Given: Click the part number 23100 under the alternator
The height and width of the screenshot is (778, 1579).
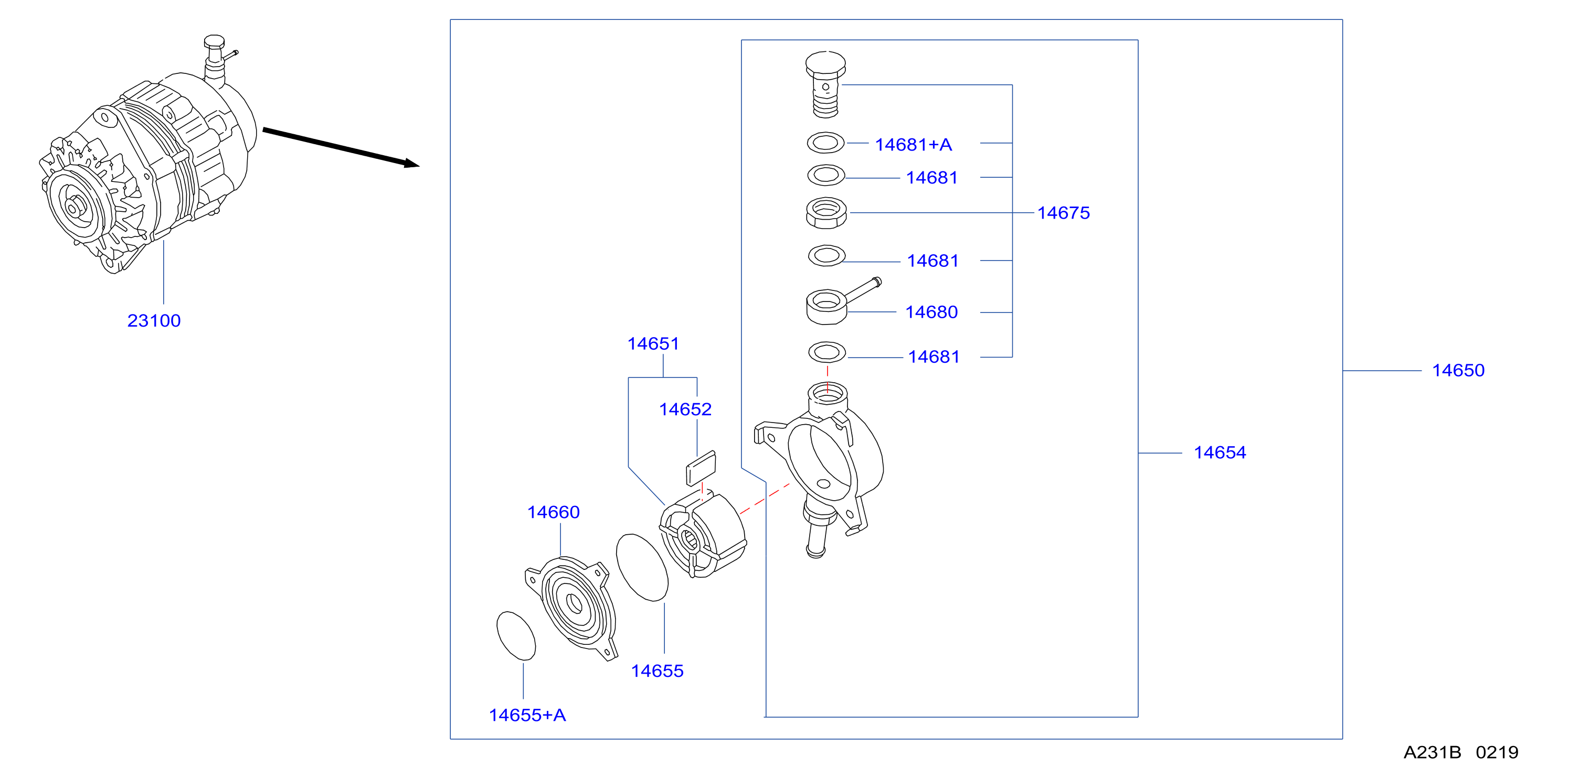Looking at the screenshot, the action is (154, 320).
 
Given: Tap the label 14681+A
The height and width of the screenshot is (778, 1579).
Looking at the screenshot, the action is (913, 145).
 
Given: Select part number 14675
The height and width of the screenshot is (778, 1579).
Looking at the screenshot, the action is (1064, 212).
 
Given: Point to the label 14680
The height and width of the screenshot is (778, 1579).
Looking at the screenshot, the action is (931, 312).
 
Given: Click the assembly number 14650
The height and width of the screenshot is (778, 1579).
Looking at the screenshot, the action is (1458, 370).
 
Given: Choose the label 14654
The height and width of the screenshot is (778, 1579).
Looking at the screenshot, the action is (1220, 452).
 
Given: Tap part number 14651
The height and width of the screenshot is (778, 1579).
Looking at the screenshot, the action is (653, 344).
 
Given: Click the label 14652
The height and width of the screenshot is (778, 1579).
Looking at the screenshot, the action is (685, 409).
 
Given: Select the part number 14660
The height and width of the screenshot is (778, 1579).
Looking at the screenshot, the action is (554, 512).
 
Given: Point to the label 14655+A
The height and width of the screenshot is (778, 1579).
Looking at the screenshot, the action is (527, 715).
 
